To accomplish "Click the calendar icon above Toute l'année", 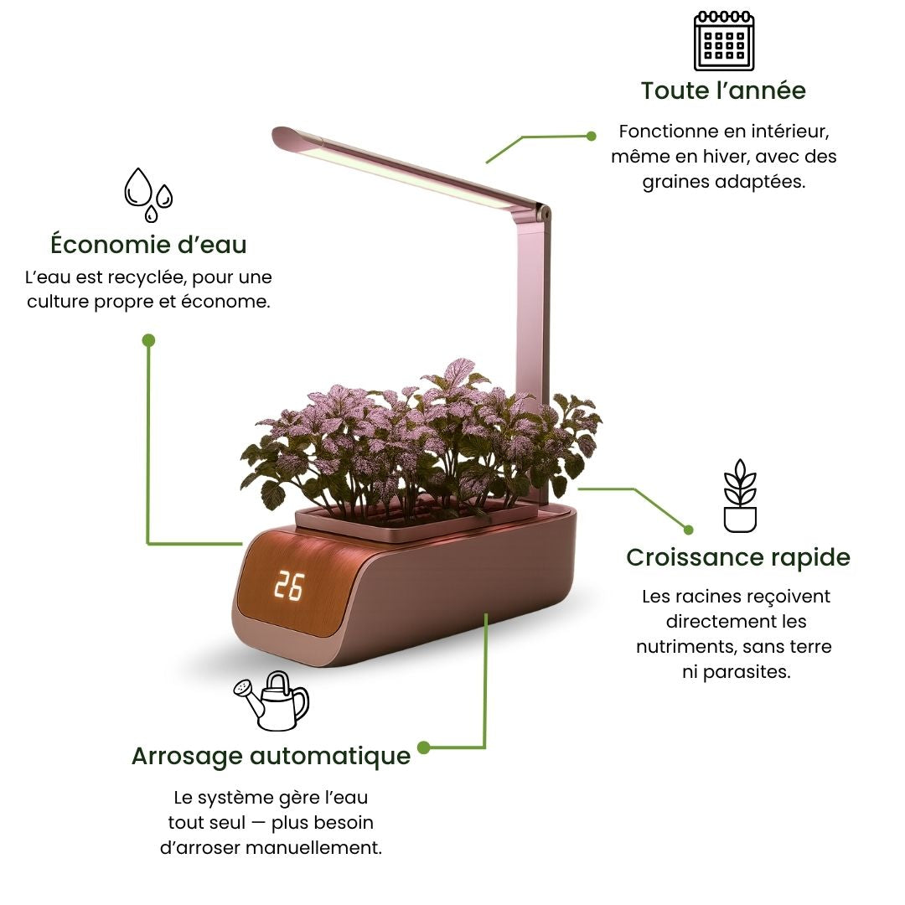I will (x=724, y=41).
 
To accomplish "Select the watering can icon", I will (x=271, y=700).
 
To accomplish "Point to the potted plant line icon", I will (x=740, y=496).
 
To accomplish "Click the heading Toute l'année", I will (x=723, y=90).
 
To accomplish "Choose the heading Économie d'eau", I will (x=148, y=245).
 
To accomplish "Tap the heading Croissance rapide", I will (x=738, y=557).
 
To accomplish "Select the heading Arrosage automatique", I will (x=271, y=756).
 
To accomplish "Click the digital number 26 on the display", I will (x=288, y=587).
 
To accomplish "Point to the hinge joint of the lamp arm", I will (x=544, y=215).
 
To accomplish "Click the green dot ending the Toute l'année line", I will (x=592, y=136).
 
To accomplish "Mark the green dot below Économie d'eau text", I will (x=148, y=340).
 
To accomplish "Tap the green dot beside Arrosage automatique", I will (x=423, y=747).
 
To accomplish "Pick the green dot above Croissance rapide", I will (x=688, y=530).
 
